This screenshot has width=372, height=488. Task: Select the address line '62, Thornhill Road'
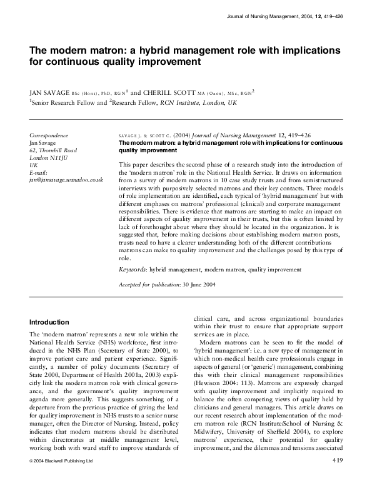[53, 150]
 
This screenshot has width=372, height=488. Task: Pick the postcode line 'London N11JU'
[49, 158]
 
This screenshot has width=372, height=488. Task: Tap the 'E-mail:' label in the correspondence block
[39, 172]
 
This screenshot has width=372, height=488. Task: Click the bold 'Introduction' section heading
[49, 323]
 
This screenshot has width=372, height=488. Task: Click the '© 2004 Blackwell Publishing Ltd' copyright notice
[61, 479]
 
